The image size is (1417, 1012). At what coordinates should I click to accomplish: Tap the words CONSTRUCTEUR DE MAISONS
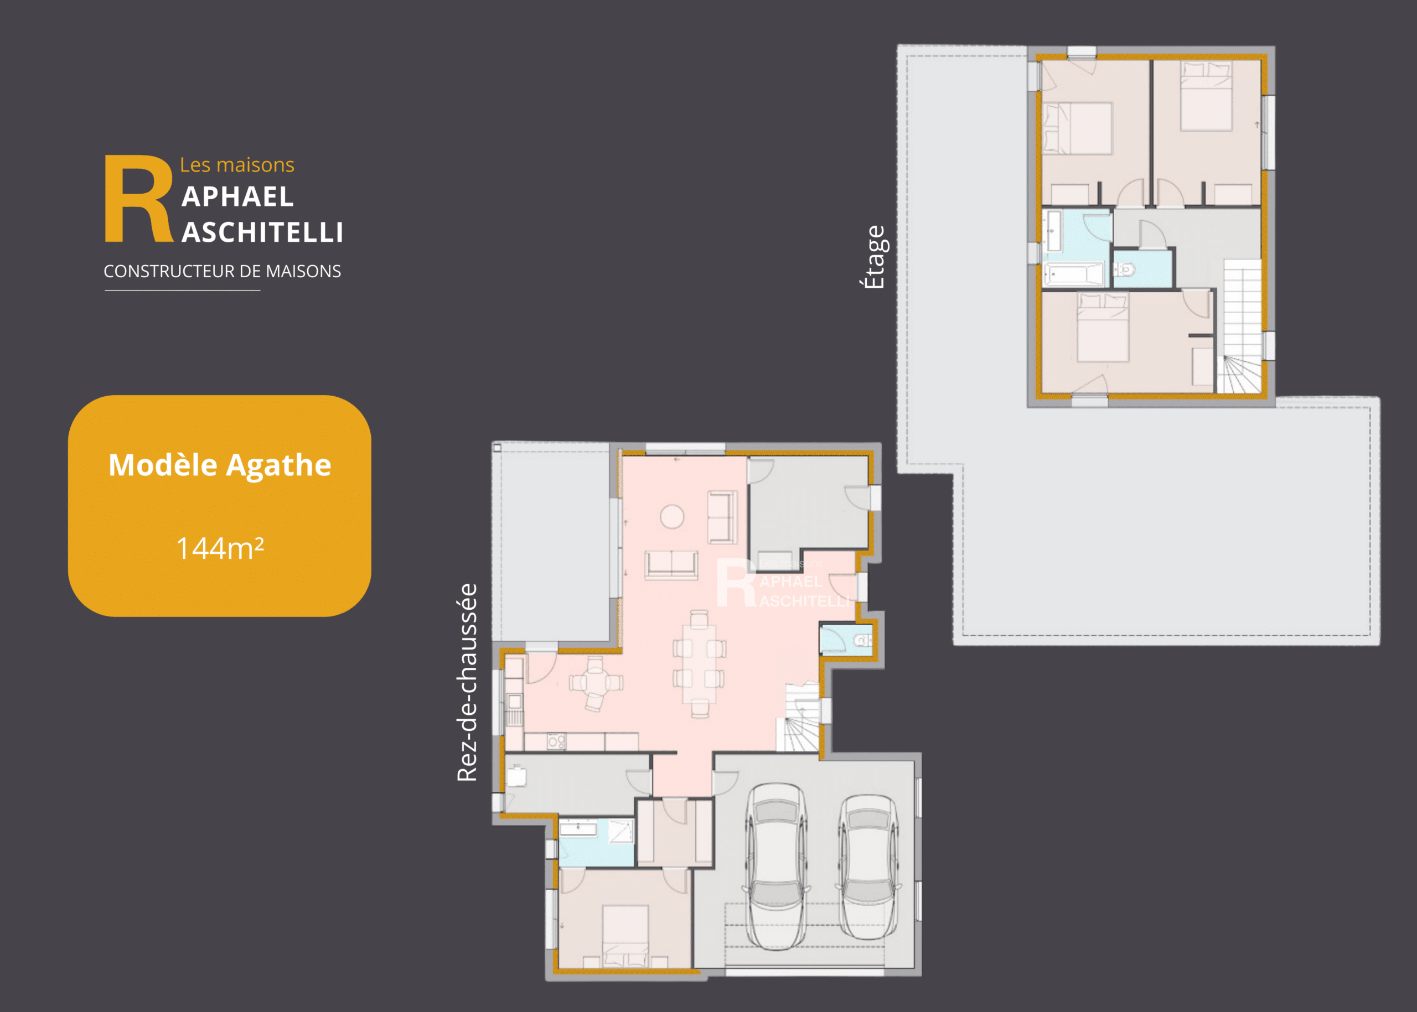coord(223,271)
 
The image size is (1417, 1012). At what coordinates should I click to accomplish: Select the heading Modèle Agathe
coord(219,465)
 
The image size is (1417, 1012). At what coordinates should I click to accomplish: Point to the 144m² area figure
coord(220,548)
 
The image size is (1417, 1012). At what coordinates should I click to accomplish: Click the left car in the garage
coord(776,866)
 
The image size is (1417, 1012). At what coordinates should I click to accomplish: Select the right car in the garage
coord(868,866)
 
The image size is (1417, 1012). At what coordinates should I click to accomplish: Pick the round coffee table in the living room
coord(672,517)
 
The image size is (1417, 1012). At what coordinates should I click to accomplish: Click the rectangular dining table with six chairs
coord(699,663)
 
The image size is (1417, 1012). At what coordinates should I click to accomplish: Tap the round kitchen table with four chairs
coord(596,683)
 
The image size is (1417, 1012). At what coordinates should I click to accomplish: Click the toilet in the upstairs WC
coord(1125,270)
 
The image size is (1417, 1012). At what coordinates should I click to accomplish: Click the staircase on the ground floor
coord(800,717)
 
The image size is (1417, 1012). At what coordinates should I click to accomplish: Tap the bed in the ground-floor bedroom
coord(626,937)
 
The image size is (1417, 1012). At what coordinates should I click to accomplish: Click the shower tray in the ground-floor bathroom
coord(621,831)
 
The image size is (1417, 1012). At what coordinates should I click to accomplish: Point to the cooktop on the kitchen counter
coord(556,741)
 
